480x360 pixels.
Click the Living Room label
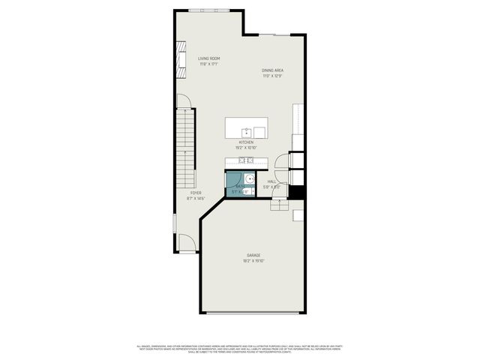tap(208, 58)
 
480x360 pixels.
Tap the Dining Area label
tap(272, 70)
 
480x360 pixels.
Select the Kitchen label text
tap(246, 142)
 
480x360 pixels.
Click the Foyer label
tap(195, 193)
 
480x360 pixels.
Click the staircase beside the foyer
tap(186, 150)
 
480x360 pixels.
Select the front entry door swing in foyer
tap(187, 244)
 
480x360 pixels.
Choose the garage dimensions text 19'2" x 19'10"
tap(253, 261)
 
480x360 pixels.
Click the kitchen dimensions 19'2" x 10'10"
tap(246, 148)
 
